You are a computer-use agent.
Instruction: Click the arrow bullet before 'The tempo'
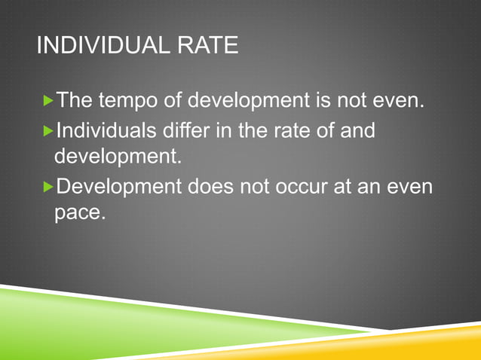point(49,100)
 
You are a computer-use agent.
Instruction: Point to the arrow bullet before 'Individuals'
point(49,131)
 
